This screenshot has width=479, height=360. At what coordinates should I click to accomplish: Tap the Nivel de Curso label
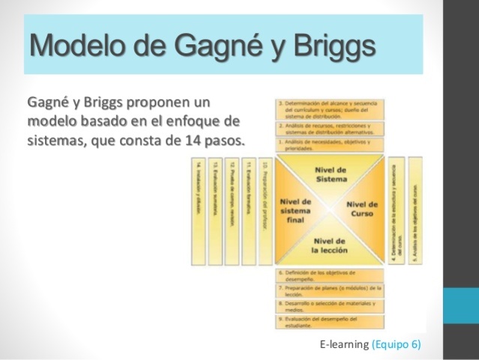(x=362, y=209)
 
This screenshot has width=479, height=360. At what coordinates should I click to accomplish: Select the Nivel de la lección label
(x=331, y=244)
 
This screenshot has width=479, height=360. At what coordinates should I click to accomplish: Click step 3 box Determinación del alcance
(x=331, y=109)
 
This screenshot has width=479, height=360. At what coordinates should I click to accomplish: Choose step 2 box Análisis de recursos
(x=331, y=127)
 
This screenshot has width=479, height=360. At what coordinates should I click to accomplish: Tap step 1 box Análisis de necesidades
(x=331, y=145)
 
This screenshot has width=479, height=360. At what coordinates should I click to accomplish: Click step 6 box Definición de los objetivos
(x=331, y=276)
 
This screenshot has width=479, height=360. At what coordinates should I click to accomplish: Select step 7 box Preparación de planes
(x=331, y=291)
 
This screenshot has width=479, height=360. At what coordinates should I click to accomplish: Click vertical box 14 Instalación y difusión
(x=198, y=210)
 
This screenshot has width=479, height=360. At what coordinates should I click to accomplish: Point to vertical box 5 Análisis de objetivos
(x=415, y=210)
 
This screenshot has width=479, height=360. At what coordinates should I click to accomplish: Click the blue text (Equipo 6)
(x=397, y=344)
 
